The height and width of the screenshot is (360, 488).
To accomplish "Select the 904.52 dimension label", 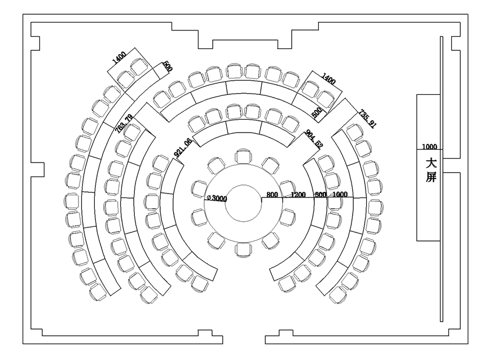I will [x=314, y=139].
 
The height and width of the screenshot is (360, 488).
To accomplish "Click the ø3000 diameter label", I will [x=217, y=197].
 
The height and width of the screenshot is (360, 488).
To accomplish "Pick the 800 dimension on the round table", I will [x=272, y=195].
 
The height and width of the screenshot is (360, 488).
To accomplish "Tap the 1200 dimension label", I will [x=297, y=195].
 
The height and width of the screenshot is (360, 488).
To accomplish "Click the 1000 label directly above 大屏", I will [x=429, y=147].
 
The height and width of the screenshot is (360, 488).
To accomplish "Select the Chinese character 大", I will [x=430, y=163].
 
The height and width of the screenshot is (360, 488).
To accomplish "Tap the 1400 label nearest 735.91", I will [x=328, y=79].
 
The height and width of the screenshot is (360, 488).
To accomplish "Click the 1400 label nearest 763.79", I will [x=119, y=58].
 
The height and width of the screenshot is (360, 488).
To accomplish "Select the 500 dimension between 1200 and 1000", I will [x=320, y=195].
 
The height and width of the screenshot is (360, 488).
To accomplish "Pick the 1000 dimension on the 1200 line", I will [x=340, y=195].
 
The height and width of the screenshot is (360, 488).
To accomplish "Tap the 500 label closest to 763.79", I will [x=168, y=66].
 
